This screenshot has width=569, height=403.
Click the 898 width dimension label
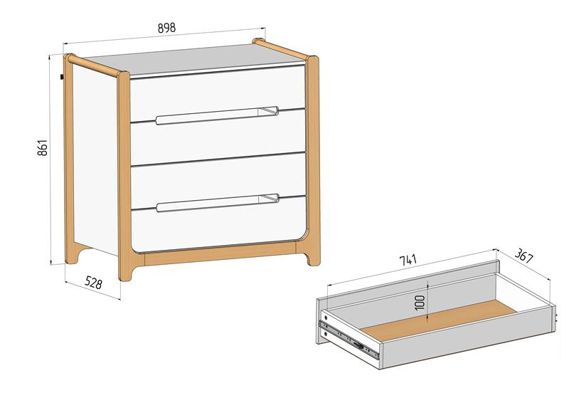[x=166, y=28]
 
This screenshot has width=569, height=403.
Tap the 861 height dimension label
[x=43, y=147]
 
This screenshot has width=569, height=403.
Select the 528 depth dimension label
[x=94, y=283]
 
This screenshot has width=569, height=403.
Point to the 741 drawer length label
[x=408, y=260]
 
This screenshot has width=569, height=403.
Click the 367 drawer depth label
[x=524, y=256]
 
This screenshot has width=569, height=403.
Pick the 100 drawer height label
[x=420, y=303]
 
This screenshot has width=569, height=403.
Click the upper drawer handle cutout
[x=218, y=115]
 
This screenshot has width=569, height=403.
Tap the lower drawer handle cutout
[x=218, y=203]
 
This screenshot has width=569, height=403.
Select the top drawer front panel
[x=218, y=93]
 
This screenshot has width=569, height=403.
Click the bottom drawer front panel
[x=218, y=224]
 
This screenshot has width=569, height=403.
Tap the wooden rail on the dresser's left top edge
[x=93, y=65]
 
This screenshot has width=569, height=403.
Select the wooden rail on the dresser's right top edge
[x=281, y=49]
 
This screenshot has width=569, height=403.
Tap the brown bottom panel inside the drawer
[x=438, y=320]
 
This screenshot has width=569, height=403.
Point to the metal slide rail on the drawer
[x=349, y=338]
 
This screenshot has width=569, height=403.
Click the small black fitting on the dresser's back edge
[x=62, y=77]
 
